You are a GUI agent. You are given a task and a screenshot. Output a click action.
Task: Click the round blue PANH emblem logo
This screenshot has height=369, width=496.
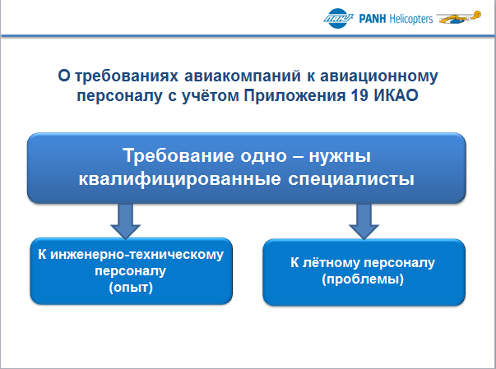pyautogui.click(x=338, y=18)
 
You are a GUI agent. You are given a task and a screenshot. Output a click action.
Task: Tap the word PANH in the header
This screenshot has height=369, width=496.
pyautogui.click(x=373, y=19)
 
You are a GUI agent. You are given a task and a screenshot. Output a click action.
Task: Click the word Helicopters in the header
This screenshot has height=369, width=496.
pyautogui.click(x=411, y=19)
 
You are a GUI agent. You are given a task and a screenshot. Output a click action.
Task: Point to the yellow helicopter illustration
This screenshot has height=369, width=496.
pyautogui.click(x=459, y=17)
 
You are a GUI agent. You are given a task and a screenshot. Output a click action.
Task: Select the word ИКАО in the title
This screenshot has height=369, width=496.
pyautogui.click(x=396, y=95)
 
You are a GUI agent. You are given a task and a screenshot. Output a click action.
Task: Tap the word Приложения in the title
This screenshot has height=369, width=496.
pyautogui.click(x=294, y=95)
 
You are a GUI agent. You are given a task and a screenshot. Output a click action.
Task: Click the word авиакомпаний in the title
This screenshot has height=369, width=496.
pyautogui.click(x=243, y=76)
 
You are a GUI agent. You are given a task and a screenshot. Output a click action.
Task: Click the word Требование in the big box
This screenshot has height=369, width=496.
pyautogui.click(x=178, y=155)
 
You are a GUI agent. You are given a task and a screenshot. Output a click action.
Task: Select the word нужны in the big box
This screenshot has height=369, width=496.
pyautogui.click(x=340, y=156)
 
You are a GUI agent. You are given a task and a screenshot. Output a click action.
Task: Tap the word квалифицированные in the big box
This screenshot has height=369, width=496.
pyautogui.click(x=179, y=179)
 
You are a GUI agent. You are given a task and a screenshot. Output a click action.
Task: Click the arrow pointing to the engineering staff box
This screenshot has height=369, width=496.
pyautogui.click(x=125, y=221)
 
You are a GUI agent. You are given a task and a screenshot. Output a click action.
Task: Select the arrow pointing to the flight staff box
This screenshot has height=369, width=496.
pyautogui.click(x=364, y=221)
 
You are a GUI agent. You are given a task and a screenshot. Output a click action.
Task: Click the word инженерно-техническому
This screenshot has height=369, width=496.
pyautogui.click(x=137, y=255)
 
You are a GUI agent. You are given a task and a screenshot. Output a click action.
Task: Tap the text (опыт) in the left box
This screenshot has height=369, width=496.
pyautogui.click(x=131, y=288)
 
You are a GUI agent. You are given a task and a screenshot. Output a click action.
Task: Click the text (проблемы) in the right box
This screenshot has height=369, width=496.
pyautogui.click(x=363, y=279)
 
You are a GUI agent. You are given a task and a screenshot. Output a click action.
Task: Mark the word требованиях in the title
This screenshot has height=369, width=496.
pyautogui.click(x=127, y=76)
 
